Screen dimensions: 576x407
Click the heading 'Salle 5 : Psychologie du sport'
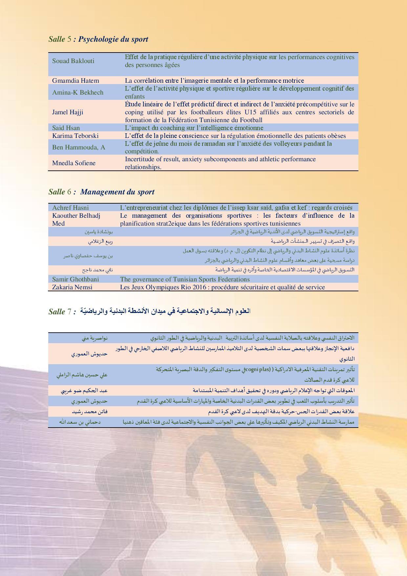(98, 39)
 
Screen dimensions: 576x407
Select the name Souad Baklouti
(73, 61)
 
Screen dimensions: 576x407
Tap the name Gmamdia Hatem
(75, 80)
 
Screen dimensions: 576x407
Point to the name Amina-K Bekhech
(78, 92)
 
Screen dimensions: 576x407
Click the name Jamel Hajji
(68, 112)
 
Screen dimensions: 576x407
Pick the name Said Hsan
(66, 128)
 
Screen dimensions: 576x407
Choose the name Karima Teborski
(75, 136)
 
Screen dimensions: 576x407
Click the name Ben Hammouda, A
(78, 147)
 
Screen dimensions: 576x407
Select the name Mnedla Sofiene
(74, 163)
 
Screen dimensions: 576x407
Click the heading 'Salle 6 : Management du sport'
(101, 192)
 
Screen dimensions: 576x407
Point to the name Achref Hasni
(70, 208)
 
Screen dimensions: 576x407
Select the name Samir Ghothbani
(75, 279)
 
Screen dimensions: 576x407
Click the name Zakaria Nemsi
(72, 287)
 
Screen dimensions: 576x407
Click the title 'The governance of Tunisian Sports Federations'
(185, 279)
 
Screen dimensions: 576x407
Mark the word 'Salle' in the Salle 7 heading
(56, 312)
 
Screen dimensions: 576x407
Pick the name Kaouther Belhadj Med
(76, 219)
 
